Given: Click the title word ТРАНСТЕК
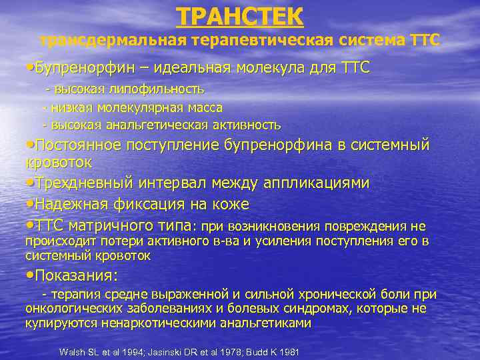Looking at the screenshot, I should click(239, 15).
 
